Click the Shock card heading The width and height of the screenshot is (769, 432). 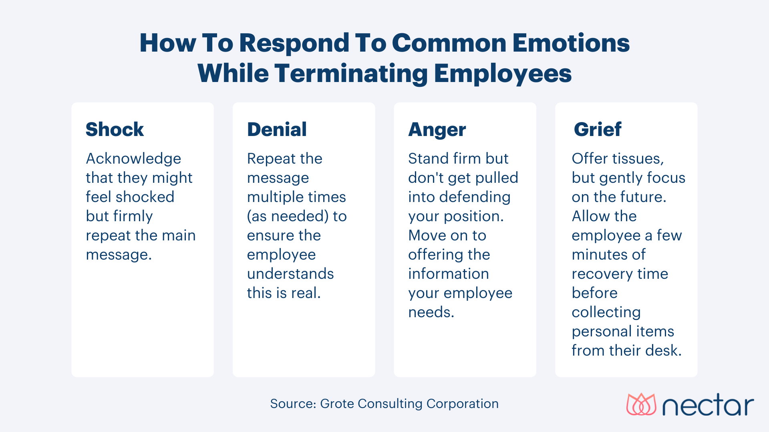[x=115, y=130]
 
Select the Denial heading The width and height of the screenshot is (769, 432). [x=277, y=130]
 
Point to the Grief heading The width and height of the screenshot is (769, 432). [x=597, y=130]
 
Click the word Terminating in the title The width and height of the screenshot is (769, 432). [x=351, y=74]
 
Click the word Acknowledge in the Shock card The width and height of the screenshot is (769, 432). [x=133, y=159]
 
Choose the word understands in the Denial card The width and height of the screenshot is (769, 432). [x=290, y=274]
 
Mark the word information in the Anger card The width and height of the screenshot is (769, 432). [x=449, y=274]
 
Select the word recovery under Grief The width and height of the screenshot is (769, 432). [x=600, y=274]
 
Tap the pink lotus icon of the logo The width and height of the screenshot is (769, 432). [x=641, y=404]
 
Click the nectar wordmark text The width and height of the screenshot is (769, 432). [x=708, y=406]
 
